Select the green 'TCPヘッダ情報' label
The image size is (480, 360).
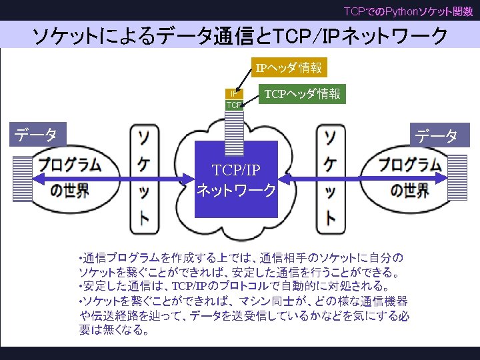coord(303,94)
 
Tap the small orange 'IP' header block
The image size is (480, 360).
coord(234,94)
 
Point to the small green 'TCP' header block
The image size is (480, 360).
coord(234,105)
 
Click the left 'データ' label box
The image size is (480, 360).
coord(37,135)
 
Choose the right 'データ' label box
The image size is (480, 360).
coord(437,137)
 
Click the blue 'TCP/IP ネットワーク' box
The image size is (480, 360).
coord(236,179)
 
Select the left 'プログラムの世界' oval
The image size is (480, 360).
coord(69,178)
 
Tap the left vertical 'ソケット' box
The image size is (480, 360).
coord(144,178)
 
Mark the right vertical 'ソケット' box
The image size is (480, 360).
coord(330,178)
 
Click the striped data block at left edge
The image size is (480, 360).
coord(23,178)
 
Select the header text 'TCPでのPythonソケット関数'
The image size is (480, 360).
coord(408,11)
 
